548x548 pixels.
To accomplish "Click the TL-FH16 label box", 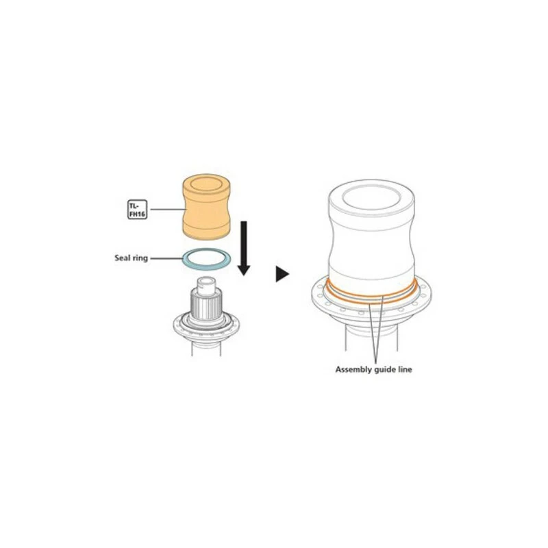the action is tap(138, 210).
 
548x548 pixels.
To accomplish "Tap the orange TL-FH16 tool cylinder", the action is tap(206, 207).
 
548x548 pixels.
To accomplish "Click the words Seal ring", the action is tap(131, 258).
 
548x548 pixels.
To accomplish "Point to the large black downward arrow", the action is tap(244, 248).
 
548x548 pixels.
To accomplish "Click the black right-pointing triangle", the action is tap(282, 273).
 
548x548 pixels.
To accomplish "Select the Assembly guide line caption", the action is tap(373, 369).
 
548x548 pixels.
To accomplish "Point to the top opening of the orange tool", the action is tap(207, 184).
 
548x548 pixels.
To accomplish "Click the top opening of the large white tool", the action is tap(371, 198).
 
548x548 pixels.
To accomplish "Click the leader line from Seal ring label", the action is tap(166, 259).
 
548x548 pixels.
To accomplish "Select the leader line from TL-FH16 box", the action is tap(167, 210).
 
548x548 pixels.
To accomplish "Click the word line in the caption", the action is tap(406, 369).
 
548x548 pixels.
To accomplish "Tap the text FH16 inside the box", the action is tap(138, 214).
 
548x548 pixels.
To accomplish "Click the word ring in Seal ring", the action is tap(140, 259).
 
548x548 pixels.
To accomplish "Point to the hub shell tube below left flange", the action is tap(206, 348).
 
